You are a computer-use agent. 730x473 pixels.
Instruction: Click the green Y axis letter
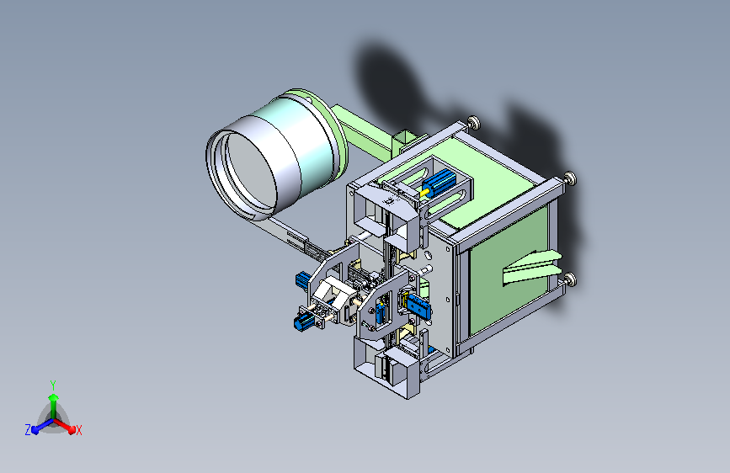(53, 385)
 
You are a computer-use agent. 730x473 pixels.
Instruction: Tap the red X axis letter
(79, 430)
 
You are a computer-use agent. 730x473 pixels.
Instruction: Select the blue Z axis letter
(28, 430)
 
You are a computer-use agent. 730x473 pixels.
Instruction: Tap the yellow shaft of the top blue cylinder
(424, 192)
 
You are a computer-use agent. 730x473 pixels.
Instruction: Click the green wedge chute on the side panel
(531, 268)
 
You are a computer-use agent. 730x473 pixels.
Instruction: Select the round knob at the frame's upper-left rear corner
(474, 122)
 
